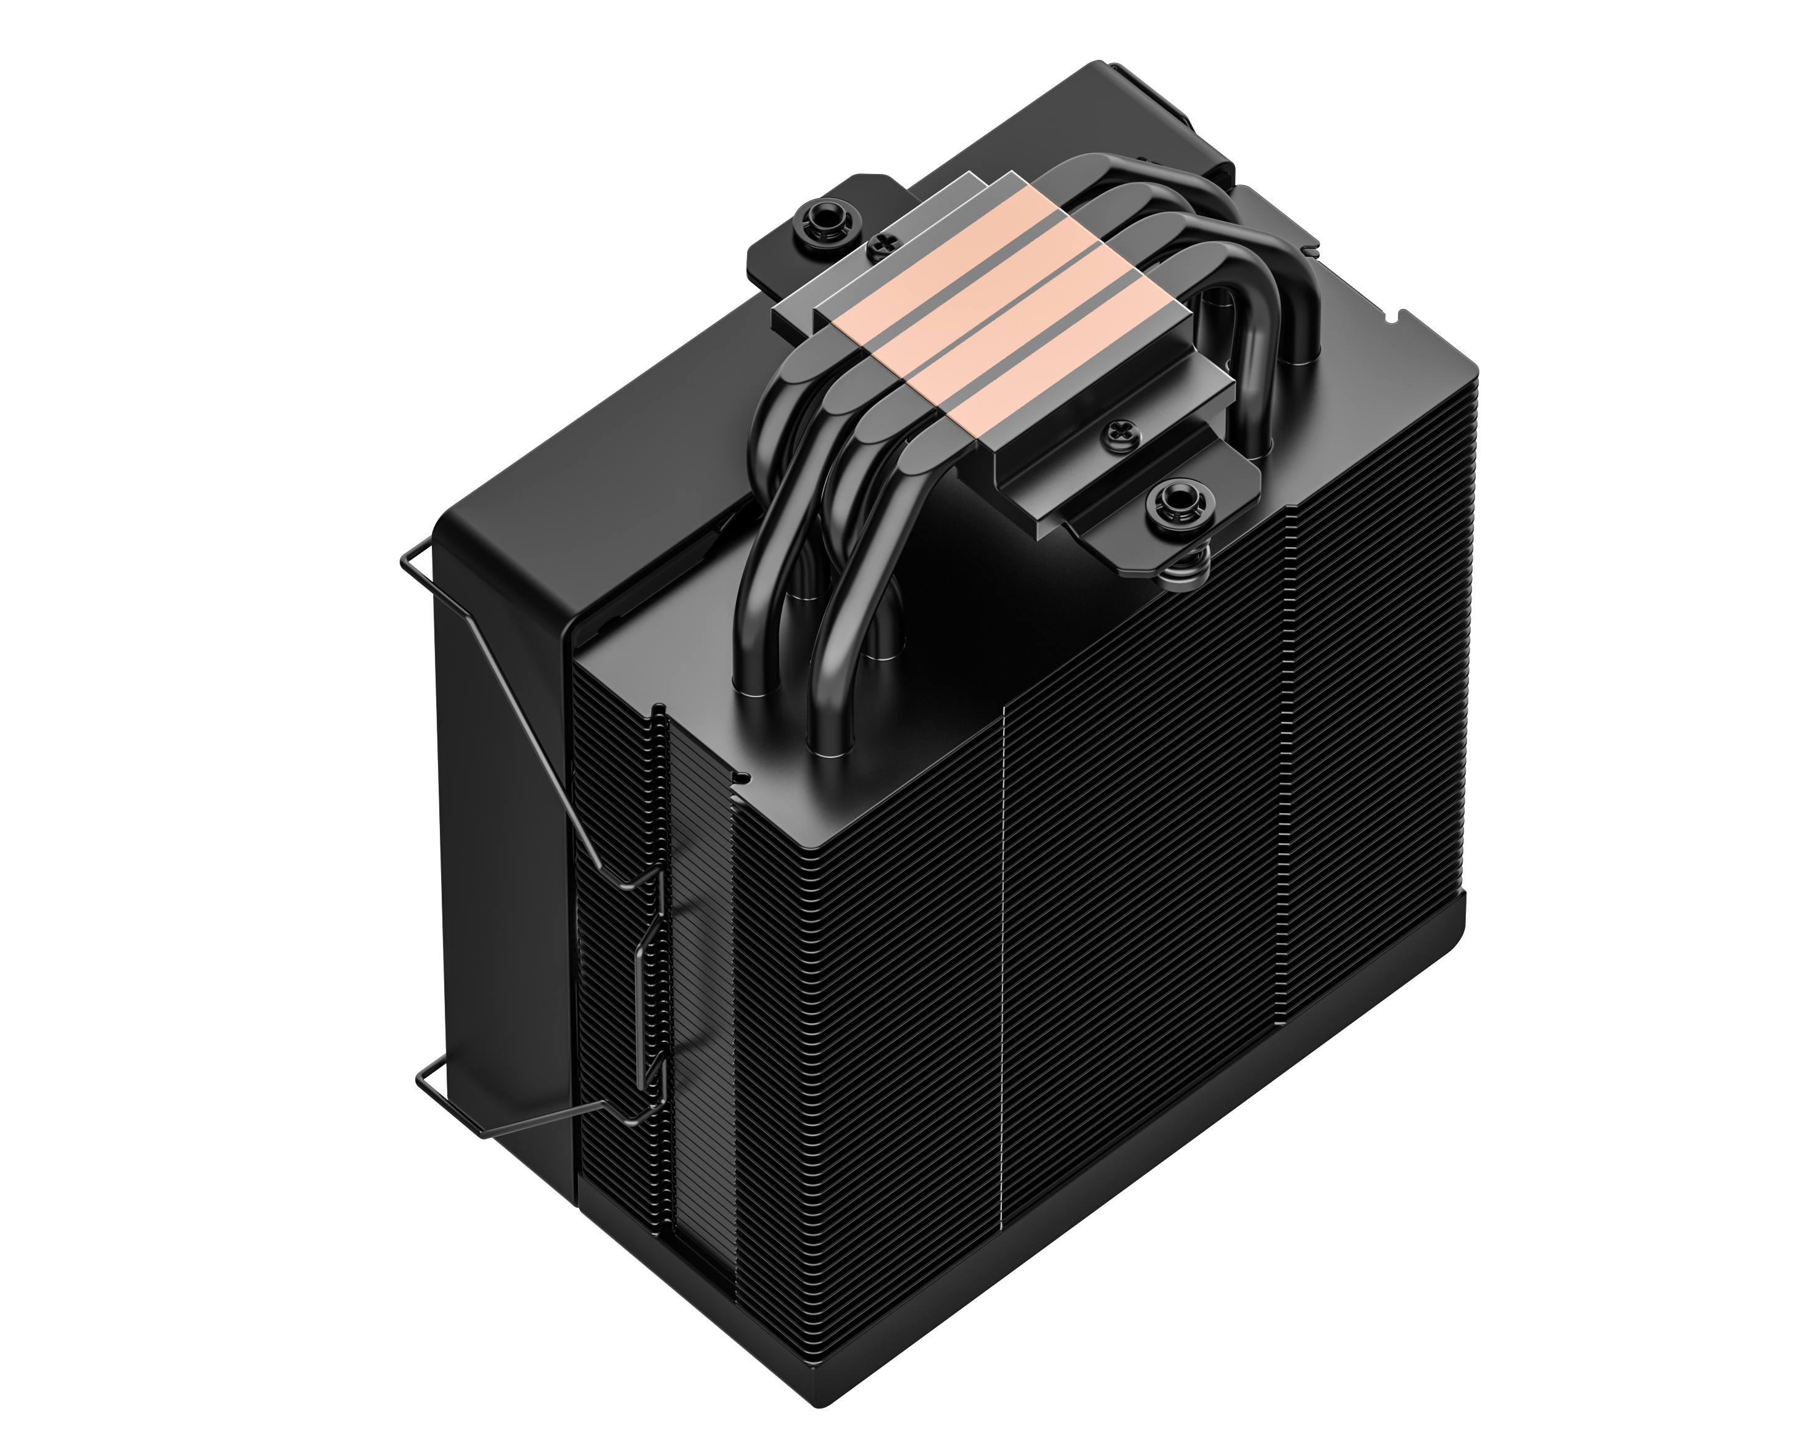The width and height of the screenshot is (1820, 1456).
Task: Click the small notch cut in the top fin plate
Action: [x=742, y=775]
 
